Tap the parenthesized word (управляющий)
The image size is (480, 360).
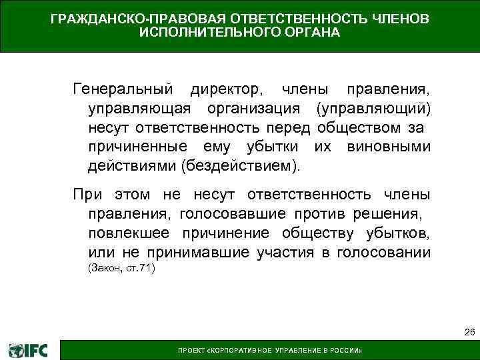coord(373,108)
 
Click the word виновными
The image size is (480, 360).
coord(389,145)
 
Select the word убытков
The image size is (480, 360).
coord(397,233)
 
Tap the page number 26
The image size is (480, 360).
coord(469,332)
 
